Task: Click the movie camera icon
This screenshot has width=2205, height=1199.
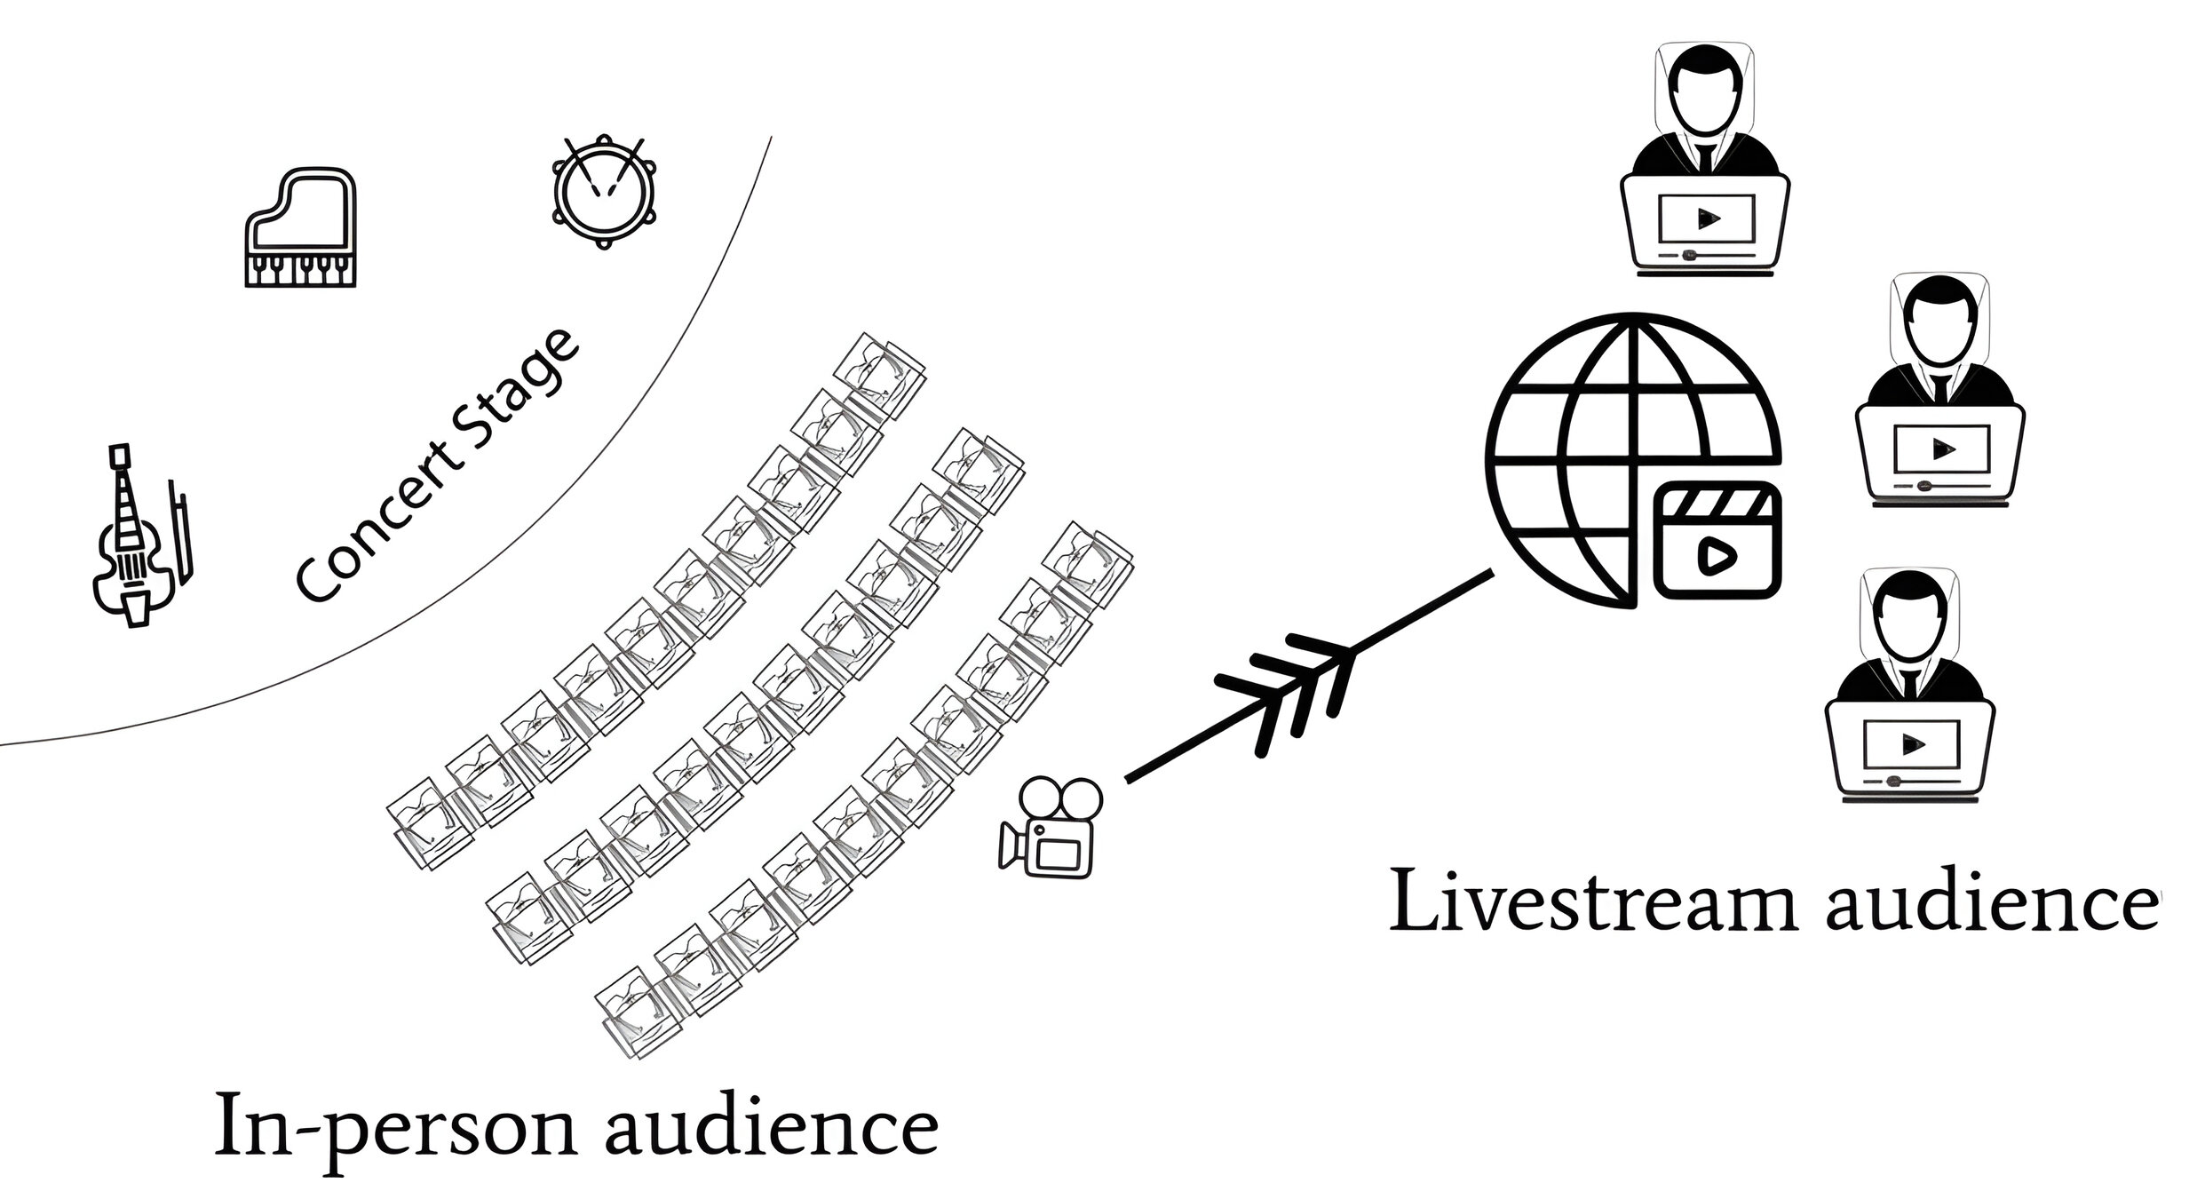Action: click(1051, 828)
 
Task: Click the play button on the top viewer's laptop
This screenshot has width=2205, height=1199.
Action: click(1706, 218)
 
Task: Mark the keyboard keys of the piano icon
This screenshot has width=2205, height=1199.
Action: click(300, 268)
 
